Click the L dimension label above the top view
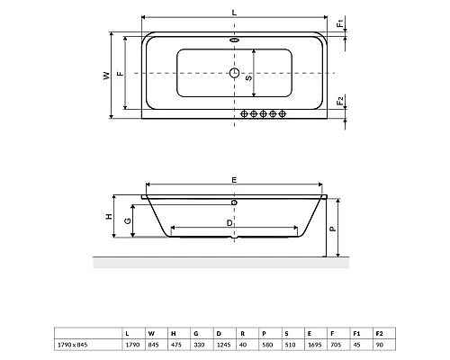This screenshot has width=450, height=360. click(233, 12)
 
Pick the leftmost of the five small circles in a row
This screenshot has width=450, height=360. click(244, 113)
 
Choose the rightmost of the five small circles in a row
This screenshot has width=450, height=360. click(283, 113)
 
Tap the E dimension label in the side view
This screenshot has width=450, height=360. click(233, 181)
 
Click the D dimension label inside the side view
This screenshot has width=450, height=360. click(230, 219)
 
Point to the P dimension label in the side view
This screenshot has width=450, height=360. click(332, 229)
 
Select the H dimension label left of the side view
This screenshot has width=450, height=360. click(107, 217)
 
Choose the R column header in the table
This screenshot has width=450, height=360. click(241, 333)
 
